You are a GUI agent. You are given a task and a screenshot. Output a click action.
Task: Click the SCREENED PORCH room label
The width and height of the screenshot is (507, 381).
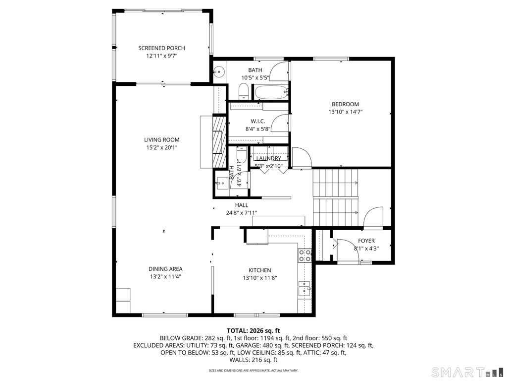[161, 48]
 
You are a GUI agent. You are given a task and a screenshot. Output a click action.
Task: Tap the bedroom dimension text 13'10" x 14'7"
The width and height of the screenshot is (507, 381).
[345, 112]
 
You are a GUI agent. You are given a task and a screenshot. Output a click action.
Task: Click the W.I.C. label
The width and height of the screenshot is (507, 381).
[257, 121]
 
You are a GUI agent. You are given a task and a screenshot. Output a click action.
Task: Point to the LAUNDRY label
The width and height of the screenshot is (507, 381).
[268, 158]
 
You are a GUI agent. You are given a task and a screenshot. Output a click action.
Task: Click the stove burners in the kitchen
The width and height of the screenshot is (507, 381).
[304, 255]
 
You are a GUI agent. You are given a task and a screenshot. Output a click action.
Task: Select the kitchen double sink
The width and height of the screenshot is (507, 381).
[304, 288]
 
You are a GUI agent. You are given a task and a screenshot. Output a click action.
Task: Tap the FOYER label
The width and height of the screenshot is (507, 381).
[366, 241]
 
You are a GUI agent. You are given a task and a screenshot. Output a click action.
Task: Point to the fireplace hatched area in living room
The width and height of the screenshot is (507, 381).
[218, 144]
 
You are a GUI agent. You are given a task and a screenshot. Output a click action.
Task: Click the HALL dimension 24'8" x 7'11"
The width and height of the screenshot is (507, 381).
[241, 213]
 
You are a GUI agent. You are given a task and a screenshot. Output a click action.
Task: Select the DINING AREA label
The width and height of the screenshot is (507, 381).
[165, 269]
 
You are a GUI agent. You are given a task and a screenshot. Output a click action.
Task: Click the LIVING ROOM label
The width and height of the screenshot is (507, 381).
[161, 140]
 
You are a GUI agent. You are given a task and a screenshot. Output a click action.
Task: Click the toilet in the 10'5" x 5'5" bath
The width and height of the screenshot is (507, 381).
[243, 91]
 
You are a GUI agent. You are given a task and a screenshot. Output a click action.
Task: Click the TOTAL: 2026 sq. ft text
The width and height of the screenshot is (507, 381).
[253, 330]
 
